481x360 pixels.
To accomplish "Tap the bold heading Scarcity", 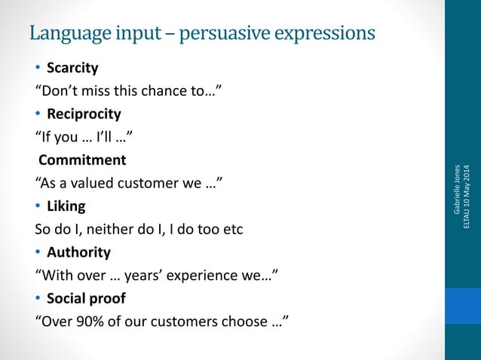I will click(72, 68).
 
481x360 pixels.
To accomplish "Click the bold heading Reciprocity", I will click(84, 114).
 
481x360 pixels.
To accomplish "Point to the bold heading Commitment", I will click(82, 160).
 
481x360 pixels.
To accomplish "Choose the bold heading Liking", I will click(66, 206).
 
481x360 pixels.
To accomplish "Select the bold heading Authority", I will click(78, 252).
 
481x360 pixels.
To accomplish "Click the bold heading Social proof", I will click(86, 298).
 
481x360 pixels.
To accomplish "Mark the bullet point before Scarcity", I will click(38, 69).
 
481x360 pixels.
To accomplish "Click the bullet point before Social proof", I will click(38, 299).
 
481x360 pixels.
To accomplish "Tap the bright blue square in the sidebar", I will click(462, 306).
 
